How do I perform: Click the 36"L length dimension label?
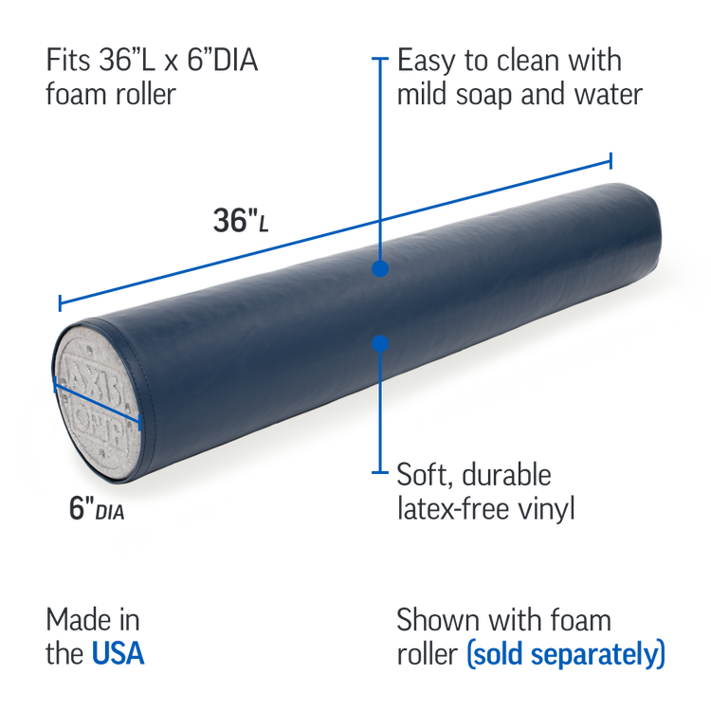(240, 222)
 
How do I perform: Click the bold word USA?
(118, 654)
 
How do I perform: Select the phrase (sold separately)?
(567, 654)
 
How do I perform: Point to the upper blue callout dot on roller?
(380, 269)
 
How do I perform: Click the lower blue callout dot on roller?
(380, 344)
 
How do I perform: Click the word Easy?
(426, 63)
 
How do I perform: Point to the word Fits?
(70, 63)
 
